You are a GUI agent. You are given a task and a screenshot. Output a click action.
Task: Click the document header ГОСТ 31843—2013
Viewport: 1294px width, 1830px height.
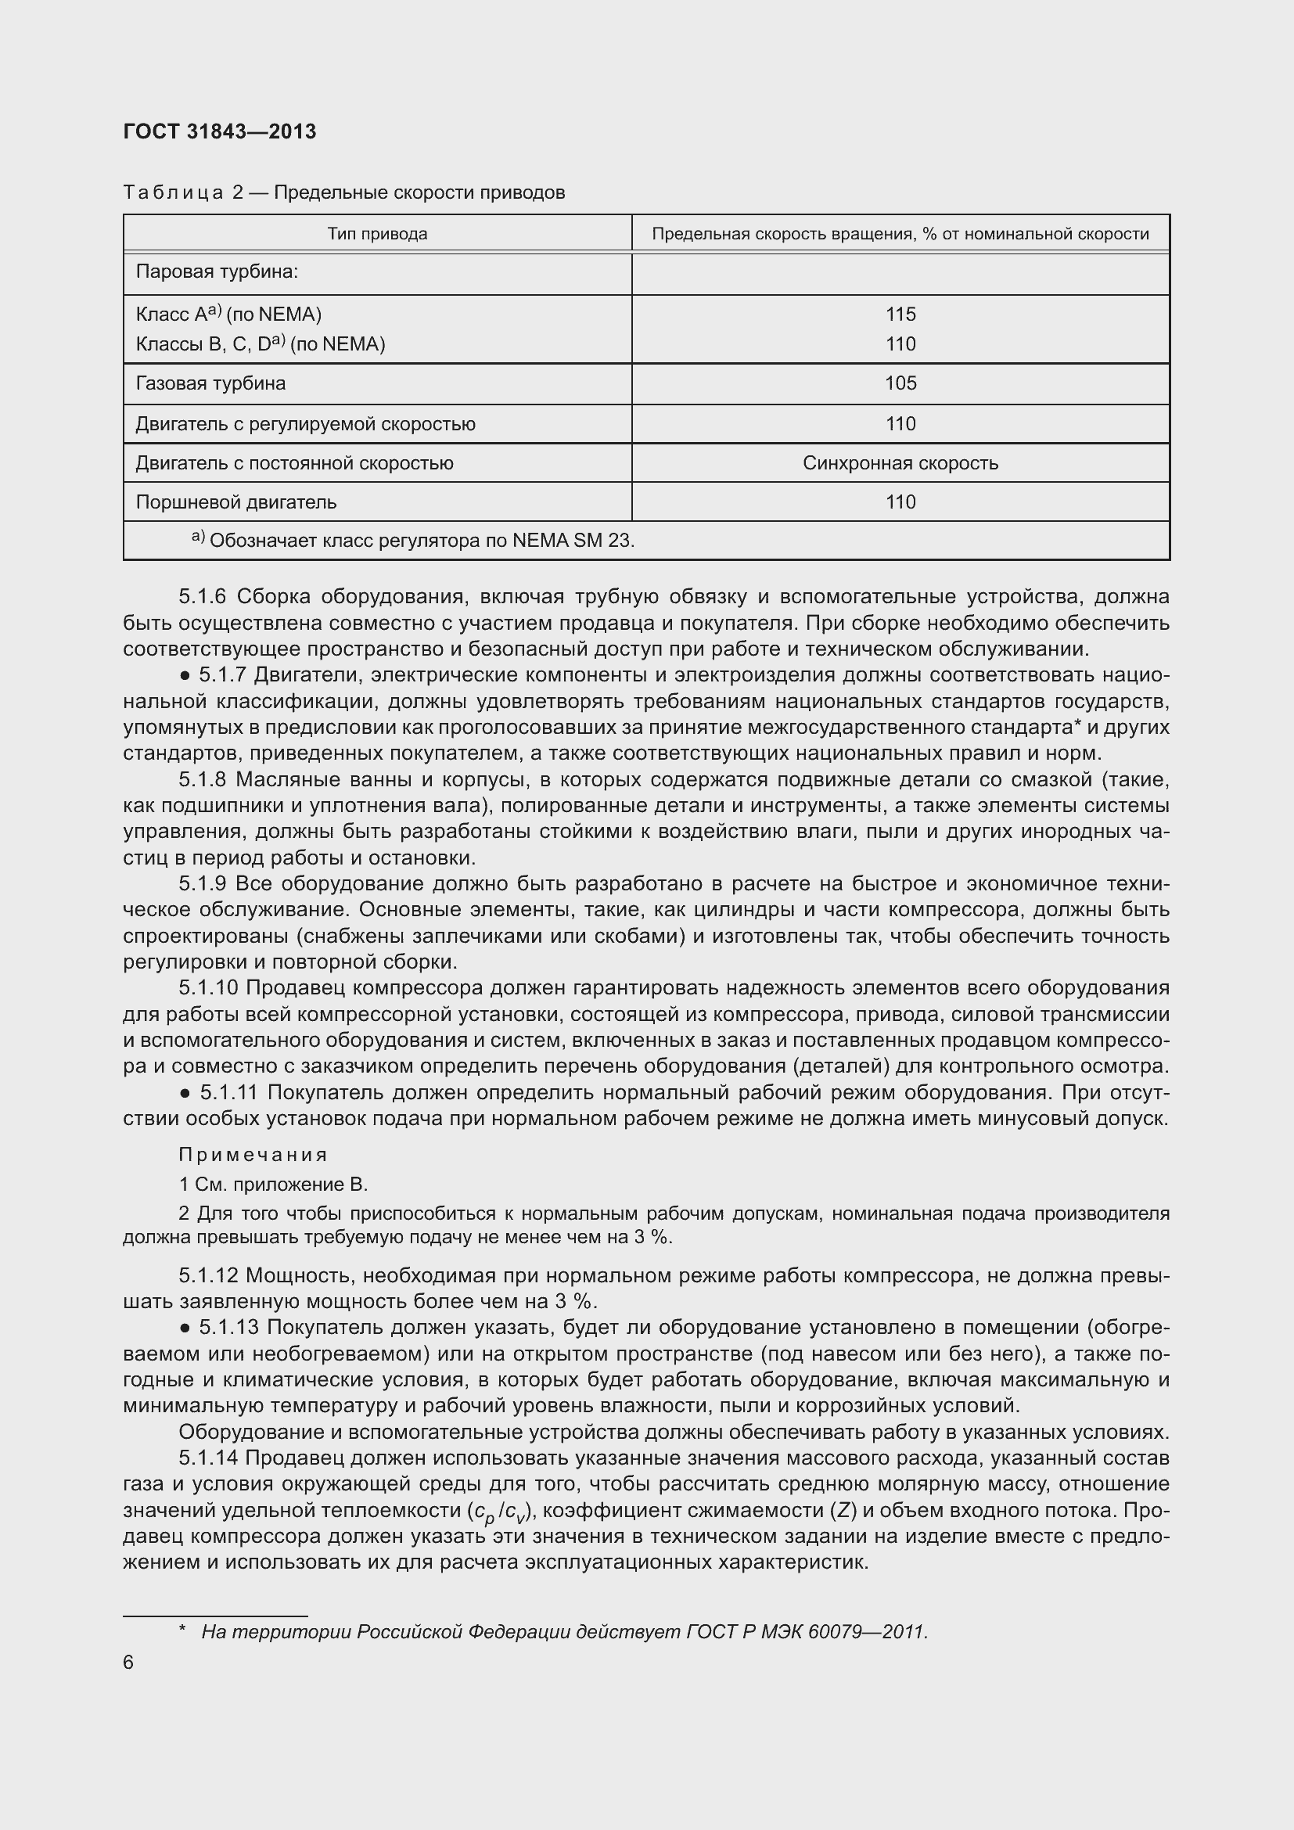point(220,131)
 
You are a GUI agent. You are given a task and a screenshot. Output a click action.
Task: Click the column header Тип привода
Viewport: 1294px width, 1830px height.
point(377,233)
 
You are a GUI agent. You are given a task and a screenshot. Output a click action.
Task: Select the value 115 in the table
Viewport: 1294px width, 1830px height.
point(900,314)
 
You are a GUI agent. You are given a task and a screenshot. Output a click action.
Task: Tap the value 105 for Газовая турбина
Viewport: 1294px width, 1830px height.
point(900,383)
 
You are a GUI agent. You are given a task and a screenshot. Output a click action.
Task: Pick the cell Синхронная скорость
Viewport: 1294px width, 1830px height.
point(900,463)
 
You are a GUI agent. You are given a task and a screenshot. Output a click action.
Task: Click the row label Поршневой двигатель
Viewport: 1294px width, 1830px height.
point(235,502)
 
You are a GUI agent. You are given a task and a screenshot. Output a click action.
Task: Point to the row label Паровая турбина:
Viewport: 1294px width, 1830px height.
point(217,271)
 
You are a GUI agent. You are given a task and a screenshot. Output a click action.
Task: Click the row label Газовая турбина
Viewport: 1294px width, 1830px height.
point(210,383)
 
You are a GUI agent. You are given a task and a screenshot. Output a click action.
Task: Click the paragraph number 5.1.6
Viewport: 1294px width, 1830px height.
point(203,597)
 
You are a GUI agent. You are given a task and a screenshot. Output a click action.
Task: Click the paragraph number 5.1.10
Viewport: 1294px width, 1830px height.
point(208,988)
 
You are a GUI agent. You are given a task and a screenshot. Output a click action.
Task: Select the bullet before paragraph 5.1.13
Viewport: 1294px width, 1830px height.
point(185,1328)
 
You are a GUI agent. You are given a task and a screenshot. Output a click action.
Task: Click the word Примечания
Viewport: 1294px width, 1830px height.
point(253,1155)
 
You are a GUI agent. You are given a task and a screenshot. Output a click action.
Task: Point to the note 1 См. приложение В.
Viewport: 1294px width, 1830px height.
point(272,1185)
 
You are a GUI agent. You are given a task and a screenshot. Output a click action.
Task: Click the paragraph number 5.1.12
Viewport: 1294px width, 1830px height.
point(208,1276)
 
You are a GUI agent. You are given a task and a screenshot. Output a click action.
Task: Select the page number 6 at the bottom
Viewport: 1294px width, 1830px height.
point(128,1663)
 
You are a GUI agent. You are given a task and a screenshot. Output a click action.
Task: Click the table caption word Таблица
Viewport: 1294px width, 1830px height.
point(173,193)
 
